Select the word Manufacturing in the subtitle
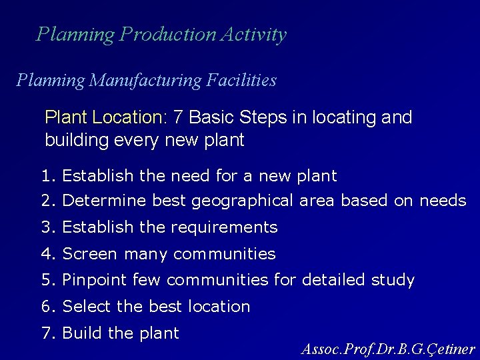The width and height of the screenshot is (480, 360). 149,81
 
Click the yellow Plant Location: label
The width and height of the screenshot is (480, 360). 105,118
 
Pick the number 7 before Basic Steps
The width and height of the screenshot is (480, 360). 177,118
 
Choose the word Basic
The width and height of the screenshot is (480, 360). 209,118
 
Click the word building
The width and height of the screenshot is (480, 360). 72,141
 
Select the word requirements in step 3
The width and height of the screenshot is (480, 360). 224,227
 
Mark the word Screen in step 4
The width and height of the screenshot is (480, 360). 87,254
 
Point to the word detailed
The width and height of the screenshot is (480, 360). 331,280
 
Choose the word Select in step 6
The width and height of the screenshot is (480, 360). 87,307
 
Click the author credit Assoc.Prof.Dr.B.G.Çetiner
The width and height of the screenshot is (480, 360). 388,348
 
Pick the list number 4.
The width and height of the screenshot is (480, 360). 47,254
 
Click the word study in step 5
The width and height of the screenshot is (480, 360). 392,280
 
